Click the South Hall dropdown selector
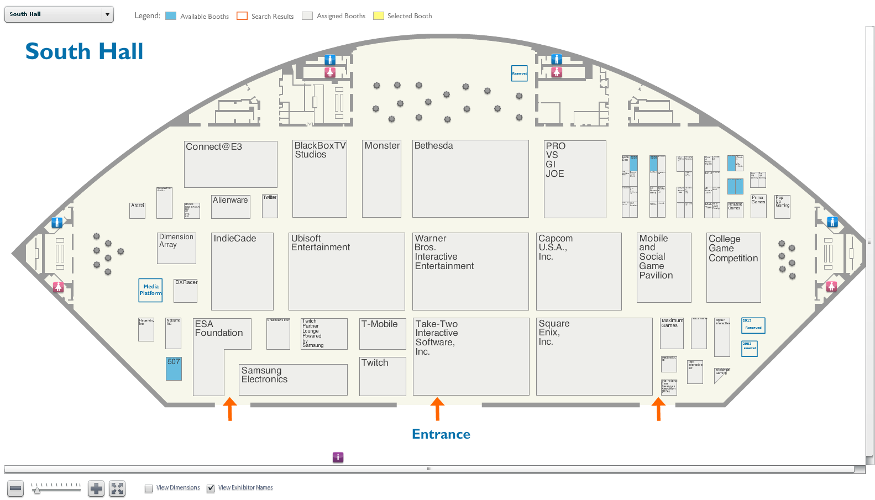pos(59,14)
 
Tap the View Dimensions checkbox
pos(149,488)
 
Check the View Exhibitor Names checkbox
pos(211,488)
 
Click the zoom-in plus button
pos(96,489)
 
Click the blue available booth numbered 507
pos(174,368)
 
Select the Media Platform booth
pos(150,290)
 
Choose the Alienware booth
pos(230,207)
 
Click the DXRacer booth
pos(185,291)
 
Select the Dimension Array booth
pos(176,248)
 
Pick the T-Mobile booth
pos(383,334)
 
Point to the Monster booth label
pos(382,146)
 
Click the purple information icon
pos(338,457)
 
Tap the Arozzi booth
pos(137,210)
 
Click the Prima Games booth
pos(758,206)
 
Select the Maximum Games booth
pos(672,333)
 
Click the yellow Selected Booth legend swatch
pos(379,16)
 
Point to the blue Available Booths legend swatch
pos(171,16)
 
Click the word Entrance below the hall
pos(441,434)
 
